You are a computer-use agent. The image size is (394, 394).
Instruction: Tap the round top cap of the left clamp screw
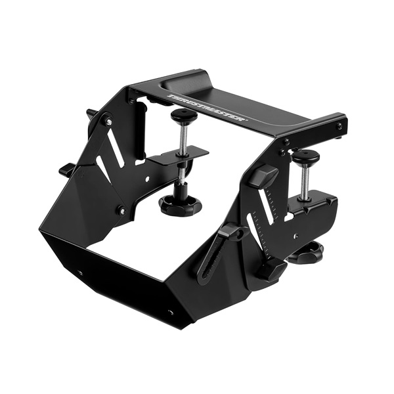185,115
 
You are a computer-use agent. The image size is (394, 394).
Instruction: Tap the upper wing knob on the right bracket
263,175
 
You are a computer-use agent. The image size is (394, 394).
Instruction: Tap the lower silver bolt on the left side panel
121,211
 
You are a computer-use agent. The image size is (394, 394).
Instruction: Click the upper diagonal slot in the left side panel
114,149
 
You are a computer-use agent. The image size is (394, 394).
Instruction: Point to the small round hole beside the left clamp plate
148,177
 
